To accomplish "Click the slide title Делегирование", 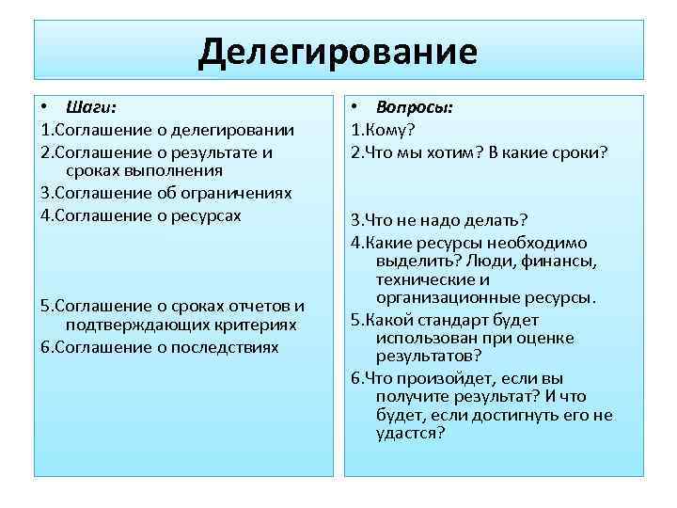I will point(338,51).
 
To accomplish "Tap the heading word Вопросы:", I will point(415,108).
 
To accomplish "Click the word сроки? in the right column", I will point(581,151).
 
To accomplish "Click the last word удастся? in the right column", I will point(409,433).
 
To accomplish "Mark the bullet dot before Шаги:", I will point(44,108).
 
